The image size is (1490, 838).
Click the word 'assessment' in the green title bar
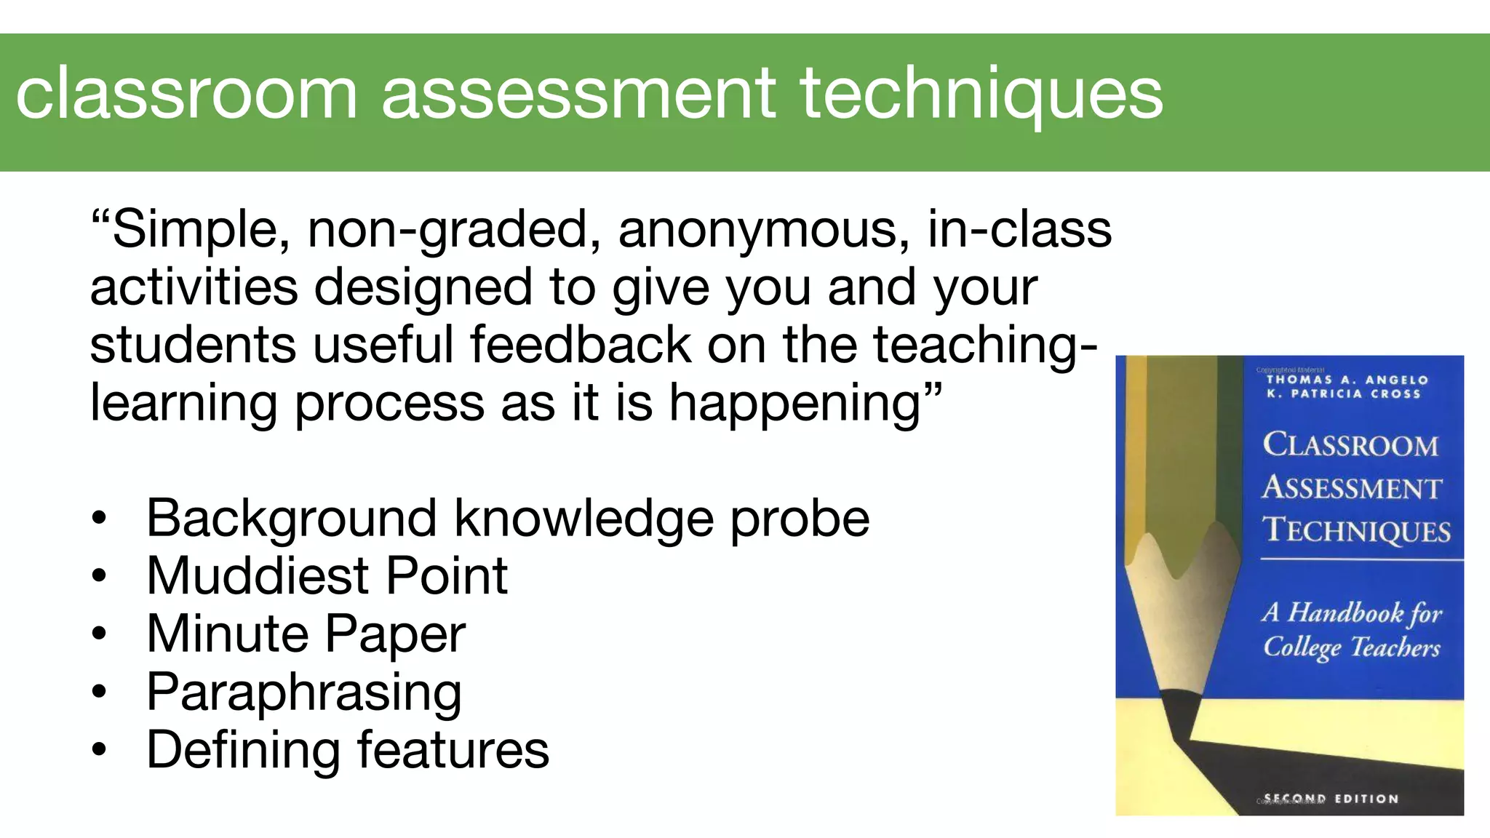pyautogui.click(x=579, y=95)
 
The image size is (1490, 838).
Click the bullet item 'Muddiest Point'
pyautogui.click(x=327, y=576)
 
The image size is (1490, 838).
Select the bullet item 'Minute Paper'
pyautogui.click(x=306, y=634)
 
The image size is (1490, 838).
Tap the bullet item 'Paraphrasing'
pyautogui.click(x=304, y=693)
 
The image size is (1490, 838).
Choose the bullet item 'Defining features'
pyautogui.click(x=348, y=750)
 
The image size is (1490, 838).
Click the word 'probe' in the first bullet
pyautogui.click(x=800, y=519)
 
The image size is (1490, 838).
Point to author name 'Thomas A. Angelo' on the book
pyautogui.click(x=1347, y=380)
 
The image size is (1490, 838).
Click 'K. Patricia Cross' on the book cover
pyautogui.click(x=1343, y=394)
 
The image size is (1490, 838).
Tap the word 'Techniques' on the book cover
pyautogui.click(x=1356, y=530)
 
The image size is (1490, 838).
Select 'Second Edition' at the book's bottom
pyautogui.click(x=1331, y=799)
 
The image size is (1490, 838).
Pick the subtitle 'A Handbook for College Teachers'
pyautogui.click(x=1352, y=630)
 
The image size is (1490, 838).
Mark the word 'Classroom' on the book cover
pyautogui.click(x=1350, y=445)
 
